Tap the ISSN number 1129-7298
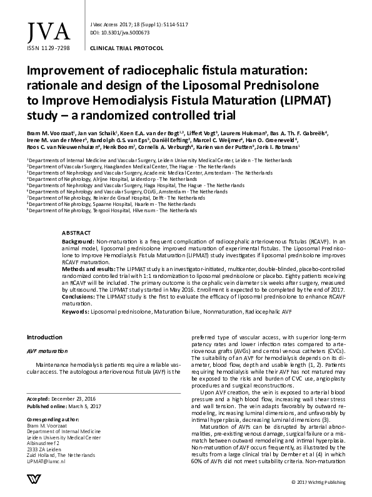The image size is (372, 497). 49,48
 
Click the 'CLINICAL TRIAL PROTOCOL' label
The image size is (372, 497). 128,48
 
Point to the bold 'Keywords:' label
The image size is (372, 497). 76,311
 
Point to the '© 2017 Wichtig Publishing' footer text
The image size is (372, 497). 319,483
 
